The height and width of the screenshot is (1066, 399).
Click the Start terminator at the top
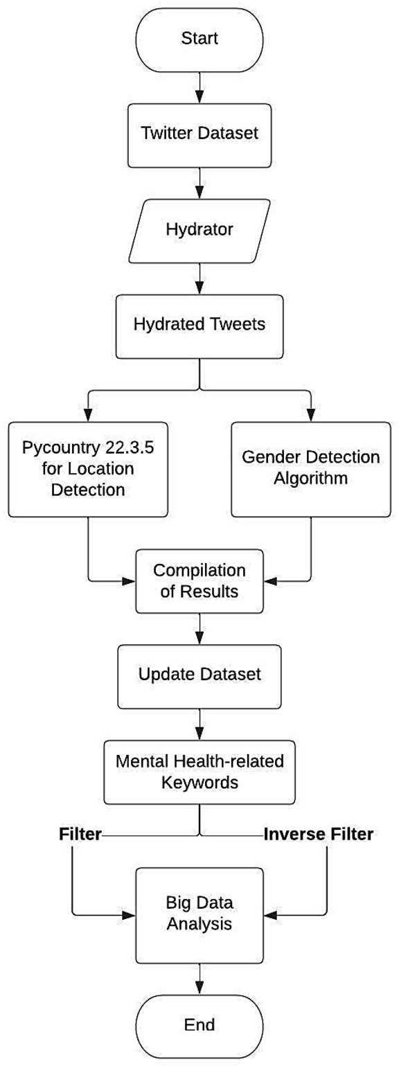tap(199, 38)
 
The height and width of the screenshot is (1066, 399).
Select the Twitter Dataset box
tap(199, 132)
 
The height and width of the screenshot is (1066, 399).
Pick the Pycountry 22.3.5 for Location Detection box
tap(88, 470)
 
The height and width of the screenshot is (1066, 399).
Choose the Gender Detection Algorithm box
tap(311, 470)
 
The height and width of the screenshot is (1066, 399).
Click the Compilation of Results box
tap(199, 580)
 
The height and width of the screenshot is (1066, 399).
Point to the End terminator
tap(199, 1023)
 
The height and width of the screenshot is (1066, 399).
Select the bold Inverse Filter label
tap(318, 835)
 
